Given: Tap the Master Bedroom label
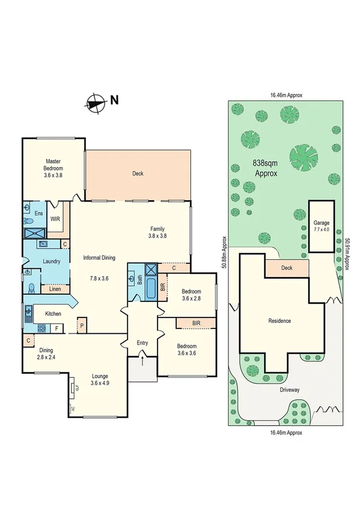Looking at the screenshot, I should click(x=54, y=164).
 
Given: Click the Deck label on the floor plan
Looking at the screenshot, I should click(x=138, y=173).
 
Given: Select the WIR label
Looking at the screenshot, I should click(x=55, y=220).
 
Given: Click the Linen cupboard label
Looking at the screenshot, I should click(x=55, y=289).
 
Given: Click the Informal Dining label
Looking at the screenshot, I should click(x=99, y=258).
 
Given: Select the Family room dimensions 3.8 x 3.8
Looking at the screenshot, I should click(x=157, y=236).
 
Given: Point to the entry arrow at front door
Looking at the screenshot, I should click(x=142, y=360).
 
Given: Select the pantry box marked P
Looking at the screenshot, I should click(x=82, y=328).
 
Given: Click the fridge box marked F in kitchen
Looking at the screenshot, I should click(x=56, y=328).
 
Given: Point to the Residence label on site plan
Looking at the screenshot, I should click(x=279, y=321).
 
